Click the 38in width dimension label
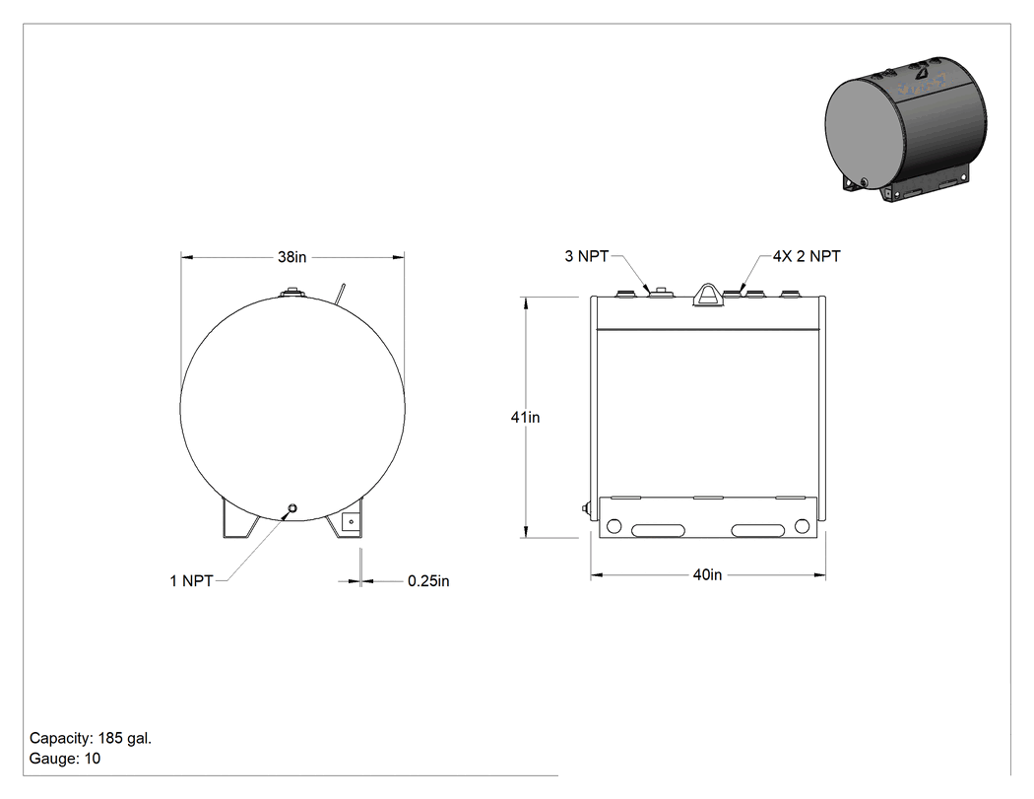tap(291, 257)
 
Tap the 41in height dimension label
tap(525, 417)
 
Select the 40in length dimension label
tap(707, 575)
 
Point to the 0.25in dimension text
tap(428, 581)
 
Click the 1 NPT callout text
tap(191, 581)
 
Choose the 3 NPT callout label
tap(586, 257)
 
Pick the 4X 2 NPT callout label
tap(807, 257)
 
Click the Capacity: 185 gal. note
tap(91, 738)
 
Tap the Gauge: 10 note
tap(65, 759)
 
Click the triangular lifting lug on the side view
tap(707, 295)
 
